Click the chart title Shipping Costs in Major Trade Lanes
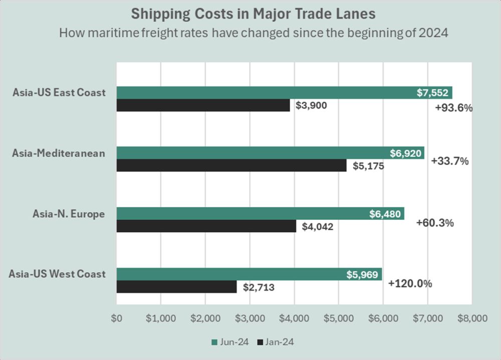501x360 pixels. [250, 14]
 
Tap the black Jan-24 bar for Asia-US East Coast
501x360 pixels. [203, 105]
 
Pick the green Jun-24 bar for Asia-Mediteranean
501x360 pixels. [250, 153]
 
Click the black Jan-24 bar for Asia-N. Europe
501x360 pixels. [206, 226]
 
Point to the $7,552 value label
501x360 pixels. [433, 93]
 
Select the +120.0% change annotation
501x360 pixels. [410, 284]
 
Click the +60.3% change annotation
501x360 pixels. [435, 223]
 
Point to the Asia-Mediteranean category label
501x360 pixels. [59, 153]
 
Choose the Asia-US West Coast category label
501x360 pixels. [57, 274]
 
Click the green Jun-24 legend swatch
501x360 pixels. [214, 342]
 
